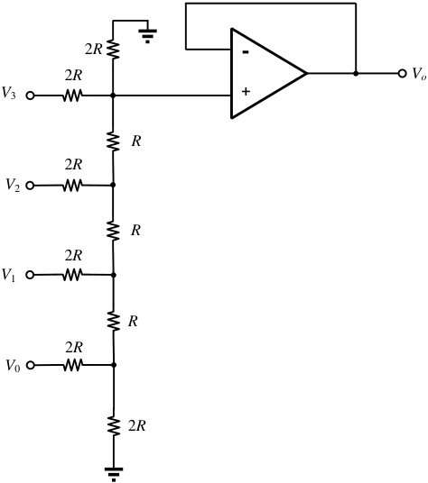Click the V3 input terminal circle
point(30,96)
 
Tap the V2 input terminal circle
point(30,186)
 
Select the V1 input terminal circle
point(30,275)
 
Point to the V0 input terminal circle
point(30,365)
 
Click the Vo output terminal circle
point(402,73)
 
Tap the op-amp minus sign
point(246,52)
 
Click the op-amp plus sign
point(246,92)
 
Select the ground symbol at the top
point(147,36)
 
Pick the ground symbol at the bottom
point(114,474)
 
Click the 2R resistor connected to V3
point(72,96)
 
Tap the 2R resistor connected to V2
point(72,186)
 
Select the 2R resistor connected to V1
point(72,275)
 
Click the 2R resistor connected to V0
point(73,365)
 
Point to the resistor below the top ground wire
point(113,50)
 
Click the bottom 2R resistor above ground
point(114,426)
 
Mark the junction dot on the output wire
point(356,74)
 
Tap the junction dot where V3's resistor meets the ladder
point(113,96)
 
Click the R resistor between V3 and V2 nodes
point(113,141)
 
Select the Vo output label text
point(419,74)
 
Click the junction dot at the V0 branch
point(114,365)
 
